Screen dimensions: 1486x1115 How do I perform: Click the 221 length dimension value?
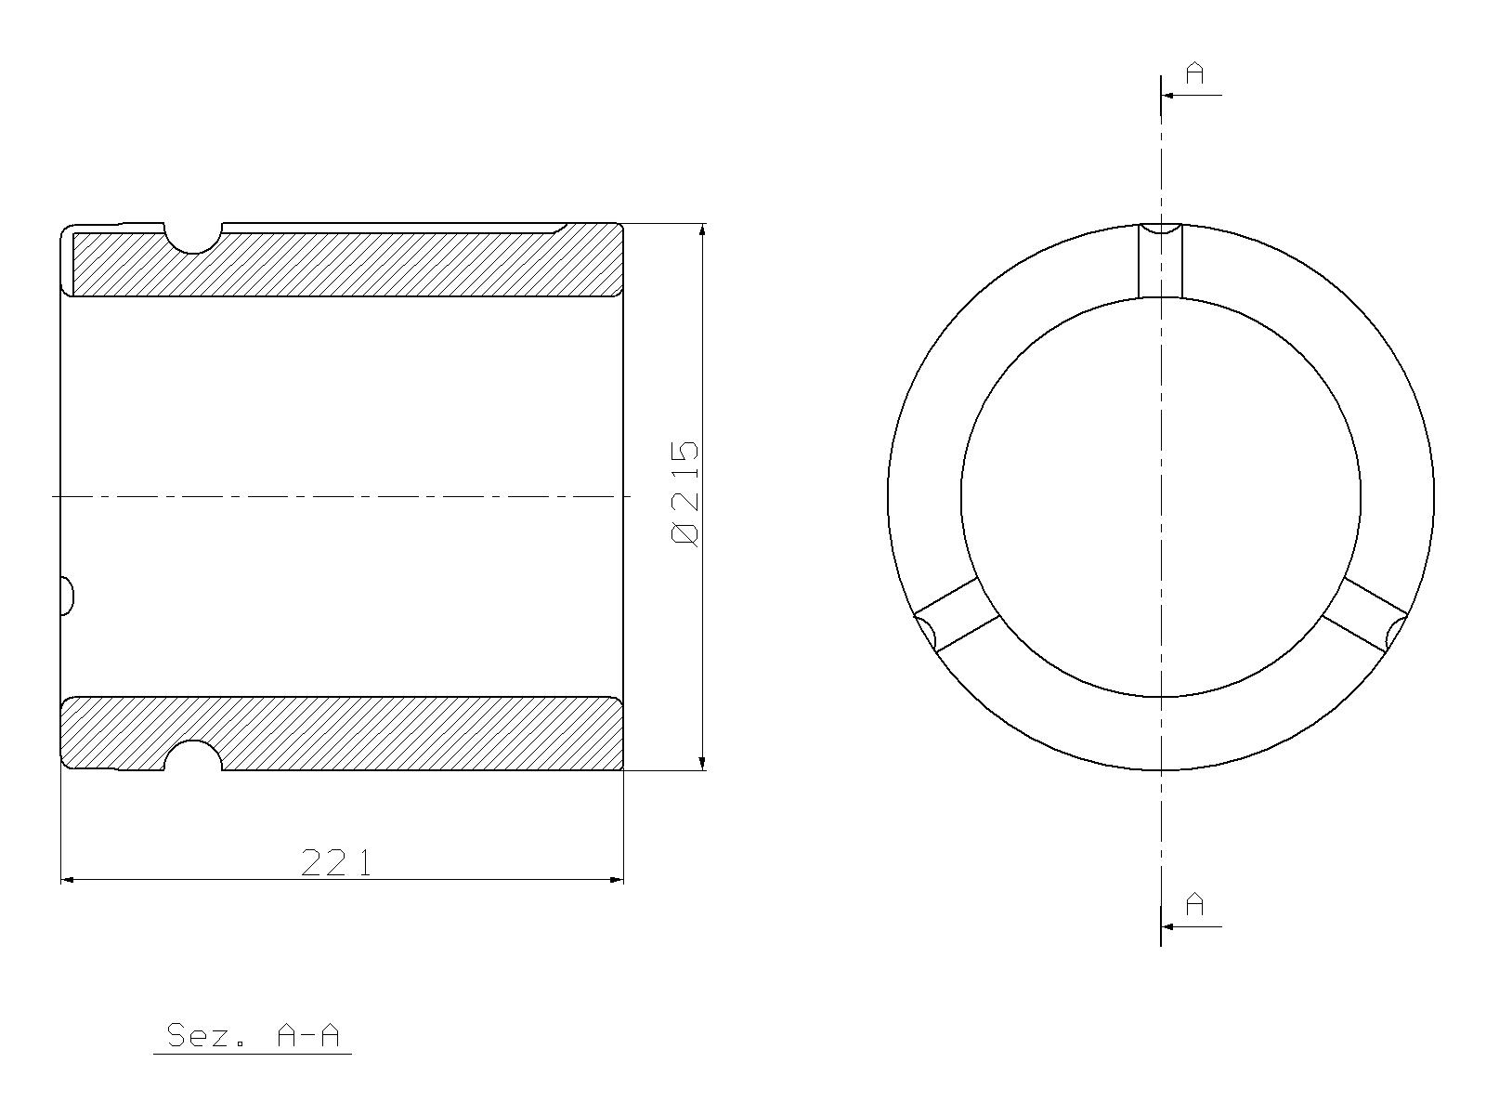point(336,862)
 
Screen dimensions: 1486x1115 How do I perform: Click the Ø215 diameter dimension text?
point(684,493)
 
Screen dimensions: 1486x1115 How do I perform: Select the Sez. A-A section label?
point(253,1035)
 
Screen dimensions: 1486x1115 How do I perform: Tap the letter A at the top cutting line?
point(1195,72)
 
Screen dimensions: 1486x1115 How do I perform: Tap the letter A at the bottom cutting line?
point(1195,904)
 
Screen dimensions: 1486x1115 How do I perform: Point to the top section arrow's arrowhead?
point(1167,95)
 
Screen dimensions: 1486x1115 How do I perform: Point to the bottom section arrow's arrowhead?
point(1167,926)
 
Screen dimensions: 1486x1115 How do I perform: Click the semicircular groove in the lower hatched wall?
point(193,754)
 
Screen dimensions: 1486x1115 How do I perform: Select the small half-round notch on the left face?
point(67,597)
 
